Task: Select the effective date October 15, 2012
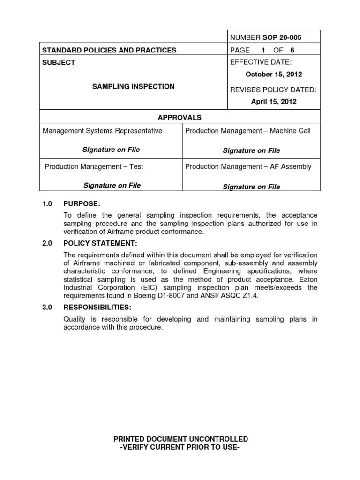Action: coord(274,74)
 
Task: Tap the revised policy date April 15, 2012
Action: coord(274,101)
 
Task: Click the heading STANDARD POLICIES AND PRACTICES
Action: coord(110,50)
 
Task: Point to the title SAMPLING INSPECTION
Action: coord(133,87)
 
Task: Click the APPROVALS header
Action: coord(180,117)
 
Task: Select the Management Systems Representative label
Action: coord(103,131)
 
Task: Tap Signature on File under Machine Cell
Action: coord(251,150)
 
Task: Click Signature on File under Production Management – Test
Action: coord(112,185)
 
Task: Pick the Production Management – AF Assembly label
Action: coord(248,166)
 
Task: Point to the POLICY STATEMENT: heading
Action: coord(100,243)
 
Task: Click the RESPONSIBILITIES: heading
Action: coord(97,307)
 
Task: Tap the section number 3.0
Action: coord(48,307)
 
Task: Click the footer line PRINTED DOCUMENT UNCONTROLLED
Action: coord(180,439)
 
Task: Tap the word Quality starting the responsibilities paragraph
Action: coord(75,320)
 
